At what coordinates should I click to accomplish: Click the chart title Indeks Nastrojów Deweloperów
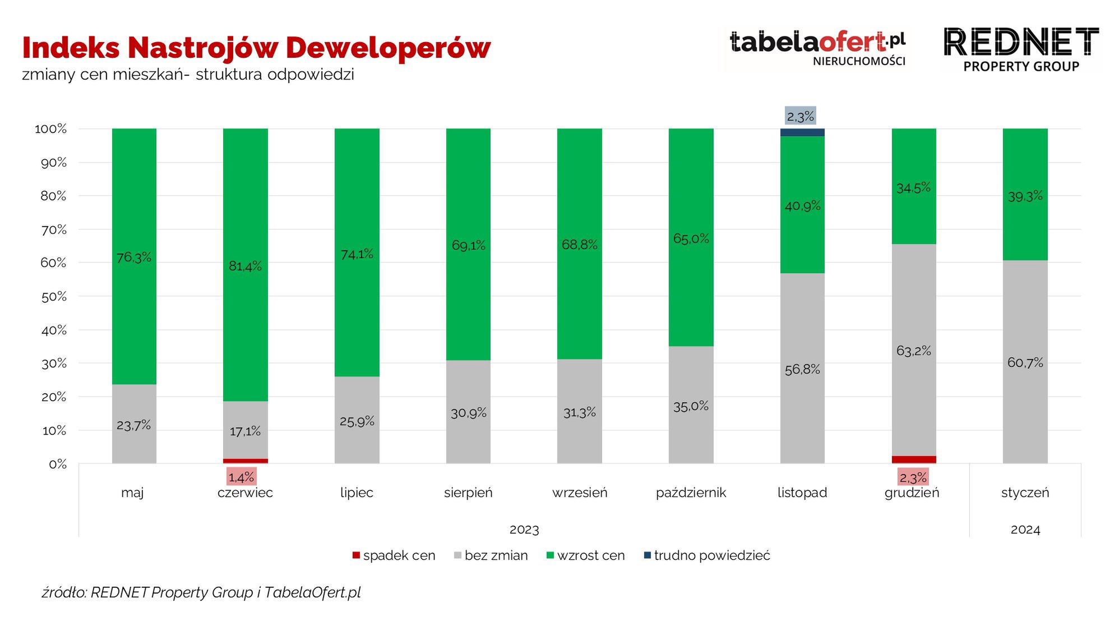(x=256, y=48)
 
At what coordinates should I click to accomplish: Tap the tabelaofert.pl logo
(x=817, y=48)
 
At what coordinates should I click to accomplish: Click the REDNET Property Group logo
(x=1021, y=49)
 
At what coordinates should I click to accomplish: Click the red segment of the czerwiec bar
(x=245, y=461)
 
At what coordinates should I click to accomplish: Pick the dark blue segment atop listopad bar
(x=802, y=132)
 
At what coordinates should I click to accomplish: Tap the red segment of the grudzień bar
(x=913, y=459)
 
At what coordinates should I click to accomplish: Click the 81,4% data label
(x=245, y=266)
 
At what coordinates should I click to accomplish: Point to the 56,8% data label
(x=802, y=369)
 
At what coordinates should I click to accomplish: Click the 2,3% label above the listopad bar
(x=800, y=116)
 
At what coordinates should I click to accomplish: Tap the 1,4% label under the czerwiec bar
(x=241, y=477)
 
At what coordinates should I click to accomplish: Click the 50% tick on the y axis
(x=54, y=296)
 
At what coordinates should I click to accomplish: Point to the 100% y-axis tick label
(x=51, y=129)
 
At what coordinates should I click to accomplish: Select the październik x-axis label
(x=691, y=493)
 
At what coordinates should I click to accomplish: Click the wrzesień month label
(x=580, y=493)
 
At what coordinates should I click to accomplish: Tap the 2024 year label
(x=1025, y=530)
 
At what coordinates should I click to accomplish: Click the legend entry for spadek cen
(x=394, y=555)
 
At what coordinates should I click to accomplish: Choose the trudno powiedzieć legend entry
(x=707, y=555)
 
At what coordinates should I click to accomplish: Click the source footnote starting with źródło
(x=201, y=592)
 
